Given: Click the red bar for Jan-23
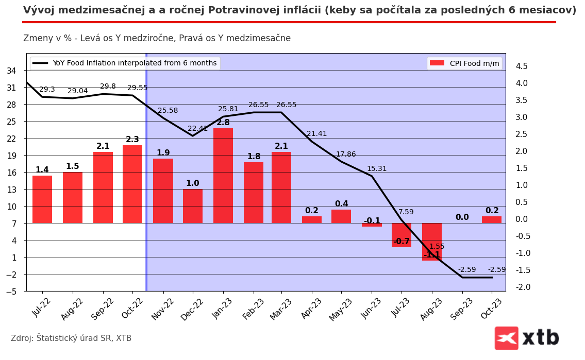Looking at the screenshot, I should pyautogui.click(x=223, y=176).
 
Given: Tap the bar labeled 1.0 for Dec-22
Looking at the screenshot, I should pyautogui.click(x=193, y=206).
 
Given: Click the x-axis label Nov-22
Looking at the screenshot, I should pyautogui.click(x=162, y=309).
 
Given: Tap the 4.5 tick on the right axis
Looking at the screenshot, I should pyautogui.click(x=522, y=66).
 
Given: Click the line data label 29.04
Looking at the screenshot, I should pyautogui.click(x=77, y=91).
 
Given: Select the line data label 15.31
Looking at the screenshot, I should pyautogui.click(x=376, y=169).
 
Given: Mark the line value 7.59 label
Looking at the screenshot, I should pyautogui.click(x=406, y=212).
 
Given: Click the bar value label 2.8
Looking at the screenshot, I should pyautogui.click(x=223, y=123).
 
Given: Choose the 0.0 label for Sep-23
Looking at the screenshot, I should pyautogui.click(x=462, y=217).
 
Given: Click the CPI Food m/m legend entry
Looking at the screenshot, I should pyautogui.click(x=464, y=63).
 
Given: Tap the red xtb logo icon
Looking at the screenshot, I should pyautogui.click(x=506, y=338).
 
